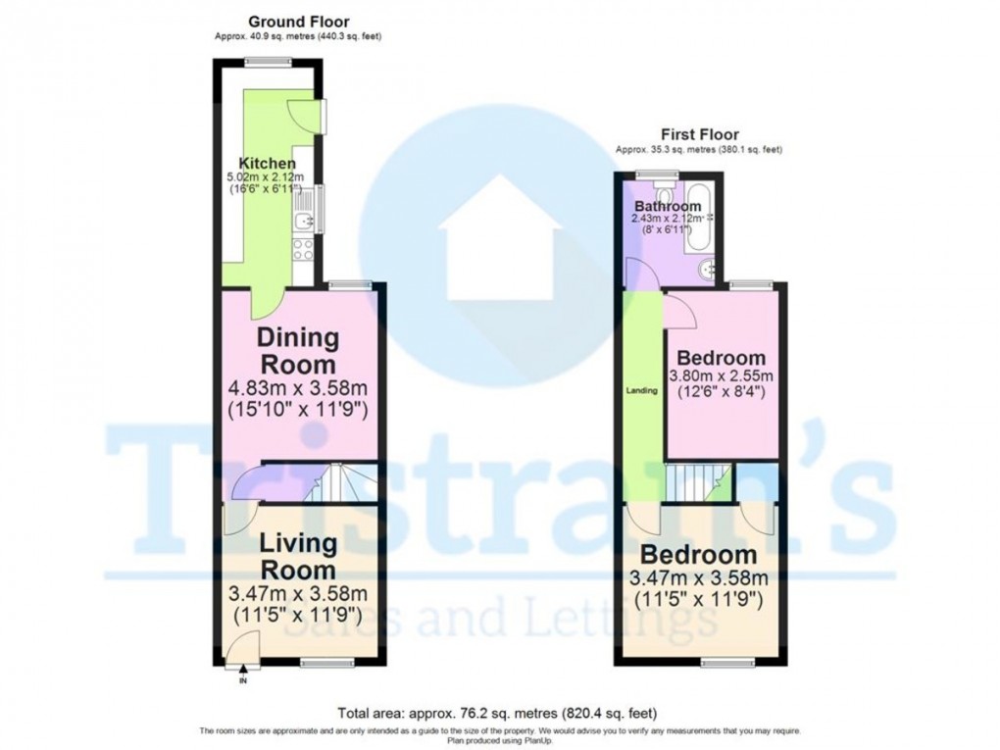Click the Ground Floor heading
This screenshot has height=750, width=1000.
pyautogui.click(x=298, y=22)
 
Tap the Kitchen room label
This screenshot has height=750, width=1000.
pyautogui.click(x=268, y=163)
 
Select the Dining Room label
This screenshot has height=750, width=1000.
pyautogui.click(x=298, y=350)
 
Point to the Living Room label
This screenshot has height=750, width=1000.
pyautogui.click(x=298, y=556)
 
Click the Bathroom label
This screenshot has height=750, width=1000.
pyautogui.click(x=668, y=207)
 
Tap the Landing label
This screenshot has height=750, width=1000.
pyautogui.click(x=642, y=391)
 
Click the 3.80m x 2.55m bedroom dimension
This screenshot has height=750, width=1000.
pyautogui.click(x=721, y=376)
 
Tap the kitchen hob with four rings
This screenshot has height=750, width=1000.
pyautogui.click(x=304, y=249)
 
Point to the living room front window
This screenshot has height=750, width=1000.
pyautogui.click(x=327, y=664)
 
